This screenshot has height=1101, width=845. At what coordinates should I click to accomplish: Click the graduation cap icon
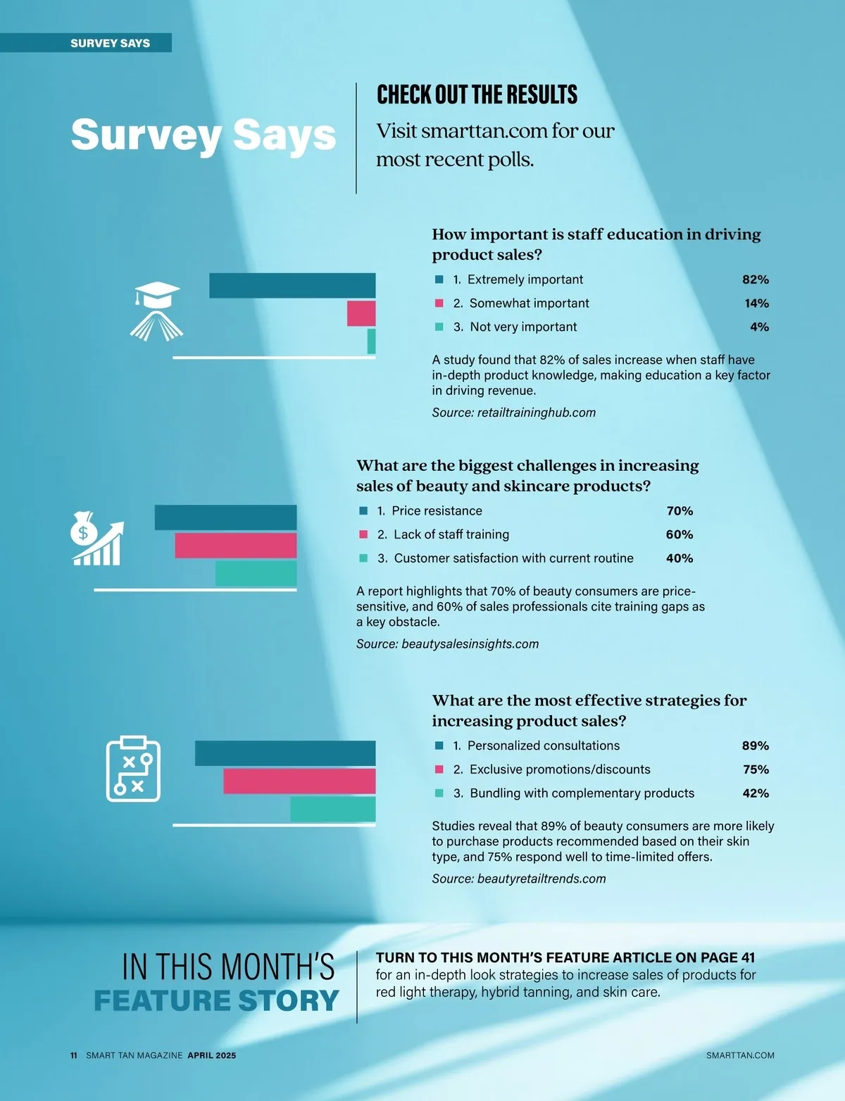pos(156,310)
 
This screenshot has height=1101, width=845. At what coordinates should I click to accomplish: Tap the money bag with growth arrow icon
pos(97,539)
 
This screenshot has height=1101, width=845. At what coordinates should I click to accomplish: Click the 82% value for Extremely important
pos(755,279)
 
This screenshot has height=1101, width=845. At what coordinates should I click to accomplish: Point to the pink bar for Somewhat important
pos(361,313)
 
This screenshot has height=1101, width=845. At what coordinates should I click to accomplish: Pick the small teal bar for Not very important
pos(371,341)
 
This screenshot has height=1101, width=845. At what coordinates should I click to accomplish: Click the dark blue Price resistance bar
pos(225,517)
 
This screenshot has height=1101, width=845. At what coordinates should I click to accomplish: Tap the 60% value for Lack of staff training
pos(679,534)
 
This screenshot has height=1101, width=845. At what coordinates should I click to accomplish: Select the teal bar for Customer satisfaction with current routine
pos(256,574)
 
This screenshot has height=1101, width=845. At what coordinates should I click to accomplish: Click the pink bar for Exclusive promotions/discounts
pos(299,781)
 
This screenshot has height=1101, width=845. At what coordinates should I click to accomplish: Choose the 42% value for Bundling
pos(755,793)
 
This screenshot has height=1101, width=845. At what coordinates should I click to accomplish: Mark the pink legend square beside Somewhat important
pos(439,303)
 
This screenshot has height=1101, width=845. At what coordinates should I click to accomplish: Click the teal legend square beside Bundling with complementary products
pos(439,793)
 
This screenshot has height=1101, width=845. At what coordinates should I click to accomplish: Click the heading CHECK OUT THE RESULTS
pos(477,94)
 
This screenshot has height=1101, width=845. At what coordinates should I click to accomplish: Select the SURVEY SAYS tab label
pos(110,43)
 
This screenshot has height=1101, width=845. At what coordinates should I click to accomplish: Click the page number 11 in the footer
pos(73,1055)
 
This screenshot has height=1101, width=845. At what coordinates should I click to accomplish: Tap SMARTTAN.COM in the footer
pos(739,1055)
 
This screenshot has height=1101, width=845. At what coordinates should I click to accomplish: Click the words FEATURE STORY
pos(216,1000)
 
